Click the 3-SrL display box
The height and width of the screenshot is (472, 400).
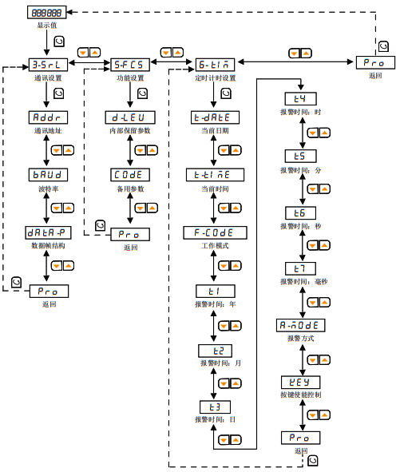point(47,65)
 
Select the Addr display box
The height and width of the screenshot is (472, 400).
point(47,117)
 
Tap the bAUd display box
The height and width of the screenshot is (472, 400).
point(47,173)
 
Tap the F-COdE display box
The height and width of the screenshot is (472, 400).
point(215,232)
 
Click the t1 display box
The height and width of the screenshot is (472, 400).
point(215,292)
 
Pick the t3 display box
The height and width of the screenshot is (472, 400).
point(215,407)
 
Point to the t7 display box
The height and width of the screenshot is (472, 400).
point(300,268)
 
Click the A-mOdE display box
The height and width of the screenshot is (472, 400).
point(300,325)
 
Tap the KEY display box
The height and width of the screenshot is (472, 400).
point(300,382)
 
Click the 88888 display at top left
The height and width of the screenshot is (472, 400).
point(47,13)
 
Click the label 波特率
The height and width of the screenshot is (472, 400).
point(47,188)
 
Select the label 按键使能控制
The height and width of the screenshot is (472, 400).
point(300,395)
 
